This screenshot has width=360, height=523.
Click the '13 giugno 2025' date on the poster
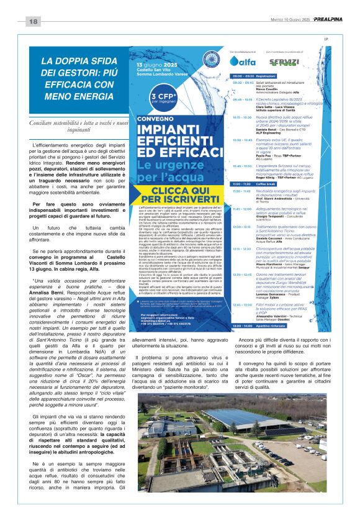[x=153, y=64]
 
